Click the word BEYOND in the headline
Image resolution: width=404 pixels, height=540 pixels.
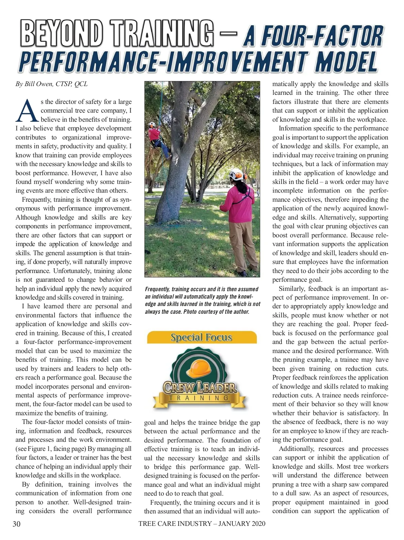62,33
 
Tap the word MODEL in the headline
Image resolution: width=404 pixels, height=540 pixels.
346,62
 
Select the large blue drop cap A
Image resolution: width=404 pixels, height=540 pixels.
27,111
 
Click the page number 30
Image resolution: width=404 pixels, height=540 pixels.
16,524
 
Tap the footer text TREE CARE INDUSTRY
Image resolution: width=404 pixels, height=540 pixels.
175,524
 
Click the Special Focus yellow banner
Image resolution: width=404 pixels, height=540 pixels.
201,337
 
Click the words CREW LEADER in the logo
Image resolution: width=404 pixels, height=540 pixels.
200,387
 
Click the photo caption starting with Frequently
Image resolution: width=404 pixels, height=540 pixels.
202,300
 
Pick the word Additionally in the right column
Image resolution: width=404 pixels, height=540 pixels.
296,449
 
